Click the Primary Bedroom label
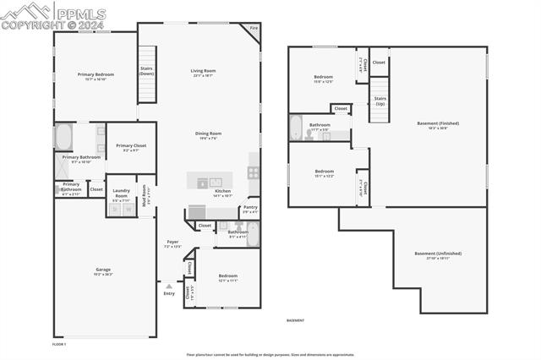pyautogui.click(x=96, y=74)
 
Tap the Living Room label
pyautogui.click(x=204, y=71)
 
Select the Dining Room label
pyautogui.click(x=208, y=133)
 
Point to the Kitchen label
pyautogui.click(x=222, y=191)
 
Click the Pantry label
pyautogui.click(x=250, y=207)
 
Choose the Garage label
pyautogui.click(x=102, y=270)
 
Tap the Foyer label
pyautogui.click(x=172, y=242)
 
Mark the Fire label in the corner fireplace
pyautogui.click(x=253, y=29)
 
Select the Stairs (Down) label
pyautogui.click(x=146, y=72)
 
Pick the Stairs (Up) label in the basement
pyautogui.click(x=380, y=99)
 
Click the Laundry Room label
pyautogui.click(x=121, y=194)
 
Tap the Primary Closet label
pyautogui.click(x=131, y=145)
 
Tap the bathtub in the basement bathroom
pyautogui.click(x=296, y=127)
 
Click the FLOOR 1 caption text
pyautogui.click(x=58, y=344)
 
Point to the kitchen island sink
pyautogui.click(x=216, y=181)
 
